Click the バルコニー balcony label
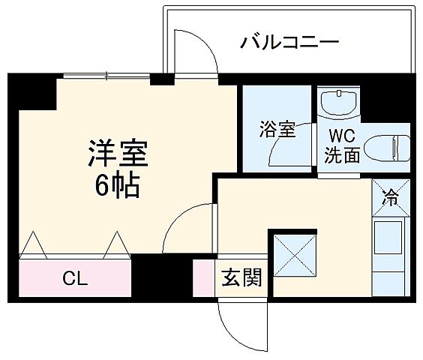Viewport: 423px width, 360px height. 289,42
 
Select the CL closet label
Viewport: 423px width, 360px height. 75,280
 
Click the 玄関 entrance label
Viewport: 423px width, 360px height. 241,279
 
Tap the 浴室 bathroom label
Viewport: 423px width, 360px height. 277,129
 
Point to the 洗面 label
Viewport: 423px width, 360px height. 342,156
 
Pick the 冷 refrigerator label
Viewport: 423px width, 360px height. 390,198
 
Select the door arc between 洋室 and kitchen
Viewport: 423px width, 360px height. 187,229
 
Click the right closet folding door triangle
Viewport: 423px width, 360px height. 118,246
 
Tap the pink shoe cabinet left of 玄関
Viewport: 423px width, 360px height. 203,278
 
